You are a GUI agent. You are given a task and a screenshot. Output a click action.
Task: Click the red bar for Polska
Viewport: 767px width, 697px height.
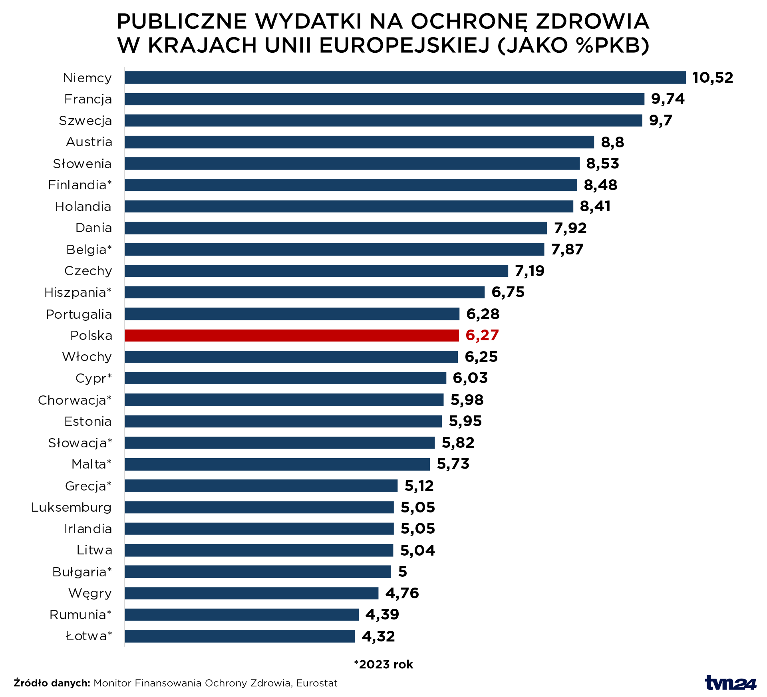(x=292, y=336)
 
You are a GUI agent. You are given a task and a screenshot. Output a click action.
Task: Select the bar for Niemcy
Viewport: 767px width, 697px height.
(x=405, y=77)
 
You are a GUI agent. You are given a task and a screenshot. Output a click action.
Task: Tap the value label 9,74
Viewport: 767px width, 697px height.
(x=668, y=99)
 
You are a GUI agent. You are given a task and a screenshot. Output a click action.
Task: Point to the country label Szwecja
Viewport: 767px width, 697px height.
(x=85, y=121)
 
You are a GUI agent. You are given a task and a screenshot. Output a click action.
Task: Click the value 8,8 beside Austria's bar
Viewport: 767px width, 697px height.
(x=612, y=142)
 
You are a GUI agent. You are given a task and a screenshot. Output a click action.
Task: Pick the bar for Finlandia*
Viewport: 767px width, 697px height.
(x=351, y=185)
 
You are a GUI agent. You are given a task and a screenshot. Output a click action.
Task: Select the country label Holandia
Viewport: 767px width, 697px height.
(x=83, y=207)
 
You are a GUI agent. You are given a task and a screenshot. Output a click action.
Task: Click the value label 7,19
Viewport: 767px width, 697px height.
(x=529, y=271)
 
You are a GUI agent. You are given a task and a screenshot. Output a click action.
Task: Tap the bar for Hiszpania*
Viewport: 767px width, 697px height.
(x=304, y=292)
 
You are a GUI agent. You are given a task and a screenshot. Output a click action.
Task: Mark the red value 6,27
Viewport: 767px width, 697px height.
(x=482, y=335)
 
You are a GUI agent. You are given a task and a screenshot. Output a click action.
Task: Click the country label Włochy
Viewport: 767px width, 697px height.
(x=87, y=357)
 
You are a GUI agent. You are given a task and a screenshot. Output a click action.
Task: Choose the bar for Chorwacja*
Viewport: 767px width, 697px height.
(x=284, y=400)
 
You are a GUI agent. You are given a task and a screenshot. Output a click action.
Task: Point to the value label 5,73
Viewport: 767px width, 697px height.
(x=453, y=464)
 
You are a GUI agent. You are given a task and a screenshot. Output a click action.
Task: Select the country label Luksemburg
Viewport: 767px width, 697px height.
(x=72, y=507)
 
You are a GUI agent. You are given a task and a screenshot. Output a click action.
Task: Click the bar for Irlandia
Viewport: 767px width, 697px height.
(x=259, y=528)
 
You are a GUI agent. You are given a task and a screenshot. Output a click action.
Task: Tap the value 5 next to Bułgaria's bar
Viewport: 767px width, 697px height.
(x=402, y=572)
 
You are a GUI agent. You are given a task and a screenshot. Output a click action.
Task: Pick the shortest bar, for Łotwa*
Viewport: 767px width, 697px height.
(x=240, y=636)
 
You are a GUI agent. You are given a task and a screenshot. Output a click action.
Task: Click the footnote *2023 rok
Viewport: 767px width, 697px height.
(x=383, y=664)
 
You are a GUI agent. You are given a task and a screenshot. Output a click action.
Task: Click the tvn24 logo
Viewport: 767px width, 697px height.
(x=730, y=683)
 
